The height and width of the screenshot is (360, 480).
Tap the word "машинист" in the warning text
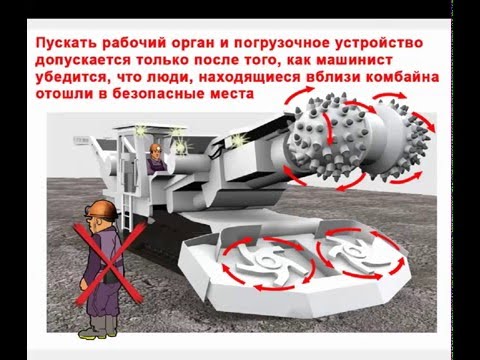354,60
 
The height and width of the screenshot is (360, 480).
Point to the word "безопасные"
158,94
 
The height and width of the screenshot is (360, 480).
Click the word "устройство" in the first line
379,44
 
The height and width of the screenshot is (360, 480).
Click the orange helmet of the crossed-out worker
103,209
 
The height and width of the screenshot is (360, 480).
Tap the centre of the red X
108,265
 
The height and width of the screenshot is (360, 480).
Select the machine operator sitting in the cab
155,159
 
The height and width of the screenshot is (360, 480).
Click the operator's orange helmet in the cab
155,148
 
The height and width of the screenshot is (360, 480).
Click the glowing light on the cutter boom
238,139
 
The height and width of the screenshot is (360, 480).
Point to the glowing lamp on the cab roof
141,130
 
